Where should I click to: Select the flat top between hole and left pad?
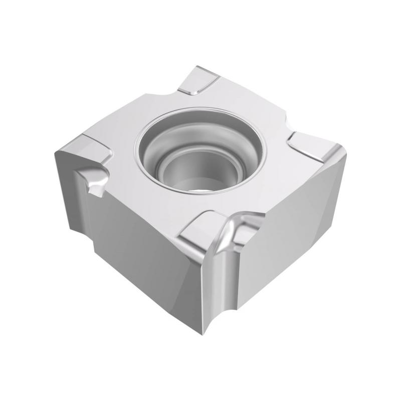pyautogui.click(x=125, y=150)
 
